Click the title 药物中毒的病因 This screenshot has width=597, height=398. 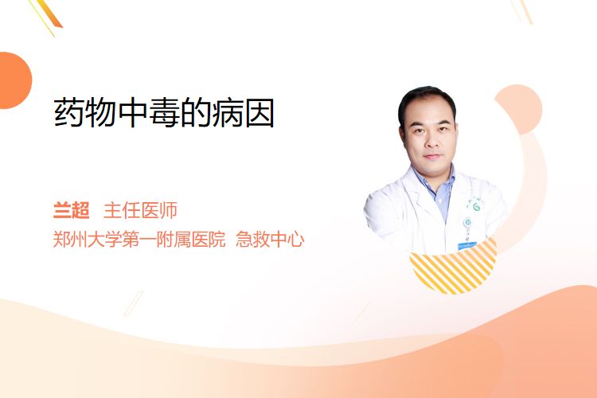tap(164, 113)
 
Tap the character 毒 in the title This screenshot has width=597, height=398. tap(164, 113)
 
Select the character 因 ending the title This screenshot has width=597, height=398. tap(260, 113)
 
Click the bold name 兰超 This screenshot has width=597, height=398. tap(71, 210)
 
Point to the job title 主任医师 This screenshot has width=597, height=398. tap(140, 210)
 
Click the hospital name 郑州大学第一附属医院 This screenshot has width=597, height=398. tap(139, 239)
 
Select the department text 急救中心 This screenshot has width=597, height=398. tap(270, 239)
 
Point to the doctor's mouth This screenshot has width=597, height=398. tap(432, 156)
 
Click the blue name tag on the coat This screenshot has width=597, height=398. tap(467, 246)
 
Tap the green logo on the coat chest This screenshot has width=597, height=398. tap(476, 207)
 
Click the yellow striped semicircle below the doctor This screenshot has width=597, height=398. tap(454, 267)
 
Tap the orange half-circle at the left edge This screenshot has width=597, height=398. tap(15, 80)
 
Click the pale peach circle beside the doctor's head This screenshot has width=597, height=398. tap(519, 109)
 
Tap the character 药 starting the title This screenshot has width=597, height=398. tap(68, 113)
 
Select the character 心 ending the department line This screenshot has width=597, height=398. tap(295, 240)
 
